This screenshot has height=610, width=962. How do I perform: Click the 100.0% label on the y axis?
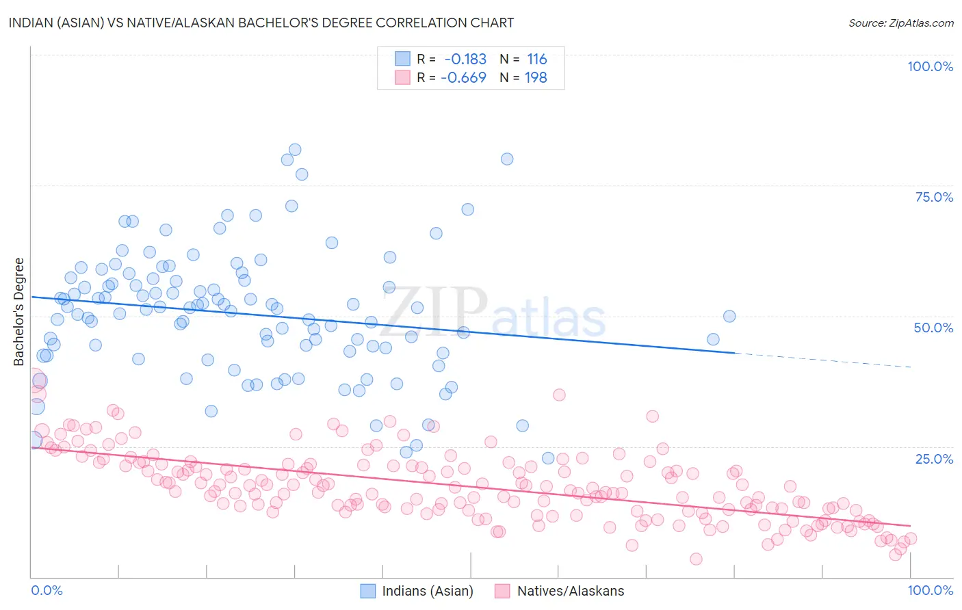pyautogui.click(x=930, y=66)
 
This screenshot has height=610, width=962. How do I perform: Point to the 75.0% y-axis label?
pyautogui.click(x=934, y=197)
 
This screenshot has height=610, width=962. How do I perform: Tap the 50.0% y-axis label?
pyautogui.click(x=933, y=328)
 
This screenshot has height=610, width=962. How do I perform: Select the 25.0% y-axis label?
pyautogui.click(x=934, y=458)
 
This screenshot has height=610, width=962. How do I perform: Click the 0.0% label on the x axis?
pyautogui.click(x=47, y=590)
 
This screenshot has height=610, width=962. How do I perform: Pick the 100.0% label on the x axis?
pyautogui.click(x=930, y=590)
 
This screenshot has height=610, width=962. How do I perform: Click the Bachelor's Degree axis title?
pyautogui.click(x=19, y=312)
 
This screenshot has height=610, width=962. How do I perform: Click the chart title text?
pyautogui.click(x=261, y=23)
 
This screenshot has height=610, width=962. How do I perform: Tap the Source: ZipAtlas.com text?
pyautogui.click(x=900, y=23)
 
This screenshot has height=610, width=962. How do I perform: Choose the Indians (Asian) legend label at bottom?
pyautogui.click(x=428, y=591)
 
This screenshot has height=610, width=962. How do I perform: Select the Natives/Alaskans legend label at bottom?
pyautogui.click(x=571, y=591)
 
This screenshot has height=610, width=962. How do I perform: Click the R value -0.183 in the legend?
pyautogui.click(x=465, y=59)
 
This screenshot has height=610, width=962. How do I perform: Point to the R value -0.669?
pyautogui.click(x=463, y=78)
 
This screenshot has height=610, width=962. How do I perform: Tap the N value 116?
pyautogui.click(x=537, y=59)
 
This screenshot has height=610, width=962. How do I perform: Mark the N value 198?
pyautogui.click(x=536, y=78)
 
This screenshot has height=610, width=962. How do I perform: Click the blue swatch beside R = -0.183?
pyautogui.click(x=402, y=59)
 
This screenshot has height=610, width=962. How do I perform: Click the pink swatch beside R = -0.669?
pyautogui.click(x=402, y=78)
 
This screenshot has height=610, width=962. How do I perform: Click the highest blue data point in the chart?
pyautogui.click(x=295, y=150)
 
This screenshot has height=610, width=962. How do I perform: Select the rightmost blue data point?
pyautogui.click(x=729, y=316)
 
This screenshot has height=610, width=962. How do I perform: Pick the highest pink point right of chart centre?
pyautogui.click(x=559, y=395)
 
